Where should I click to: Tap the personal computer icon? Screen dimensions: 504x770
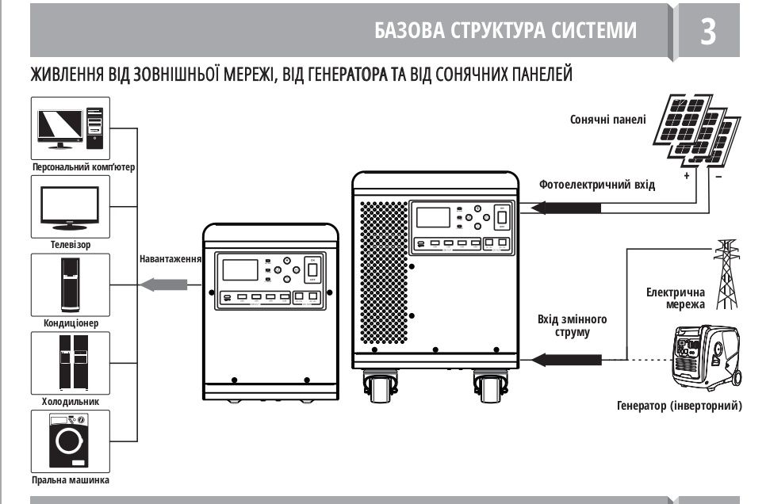coord(70,128)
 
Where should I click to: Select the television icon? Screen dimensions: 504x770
coord(70,205)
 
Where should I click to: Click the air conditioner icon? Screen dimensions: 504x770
coord(70,284)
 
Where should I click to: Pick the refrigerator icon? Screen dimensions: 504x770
coord(70,363)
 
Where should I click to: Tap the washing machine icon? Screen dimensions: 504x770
coord(70,441)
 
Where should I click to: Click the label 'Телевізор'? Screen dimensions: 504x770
coord(70,245)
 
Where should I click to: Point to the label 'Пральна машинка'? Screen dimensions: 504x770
coord(70,480)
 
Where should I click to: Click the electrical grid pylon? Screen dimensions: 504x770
coord(726,273)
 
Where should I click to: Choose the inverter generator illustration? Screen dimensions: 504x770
coord(705,357)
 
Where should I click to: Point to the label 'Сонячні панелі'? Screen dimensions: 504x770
coord(607,120)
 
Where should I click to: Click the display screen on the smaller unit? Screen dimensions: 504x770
coord(239,269)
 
